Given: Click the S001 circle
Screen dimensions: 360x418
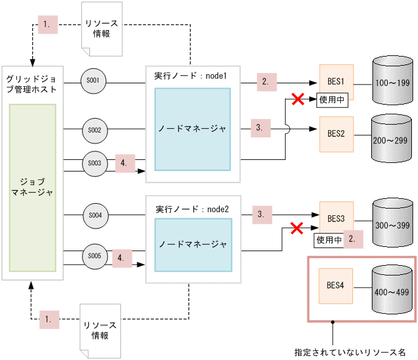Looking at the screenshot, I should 94,80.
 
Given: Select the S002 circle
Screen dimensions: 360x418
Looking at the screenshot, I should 94,130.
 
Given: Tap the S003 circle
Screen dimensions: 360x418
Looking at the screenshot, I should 94,164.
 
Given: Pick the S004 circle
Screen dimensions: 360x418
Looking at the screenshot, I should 94,215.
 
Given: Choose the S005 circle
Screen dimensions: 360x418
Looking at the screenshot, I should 94,256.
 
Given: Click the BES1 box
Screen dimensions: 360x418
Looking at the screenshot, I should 336,81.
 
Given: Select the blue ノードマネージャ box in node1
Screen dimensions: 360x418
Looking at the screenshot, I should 192,129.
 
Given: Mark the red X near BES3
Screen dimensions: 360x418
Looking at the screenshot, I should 296,229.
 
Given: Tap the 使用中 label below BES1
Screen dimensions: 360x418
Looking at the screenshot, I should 332,100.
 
